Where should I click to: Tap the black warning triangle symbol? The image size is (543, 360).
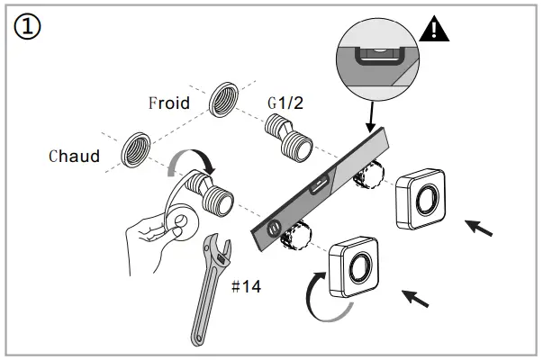click(x=436, y=30)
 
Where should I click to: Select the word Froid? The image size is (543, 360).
click(x=168, y=103)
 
